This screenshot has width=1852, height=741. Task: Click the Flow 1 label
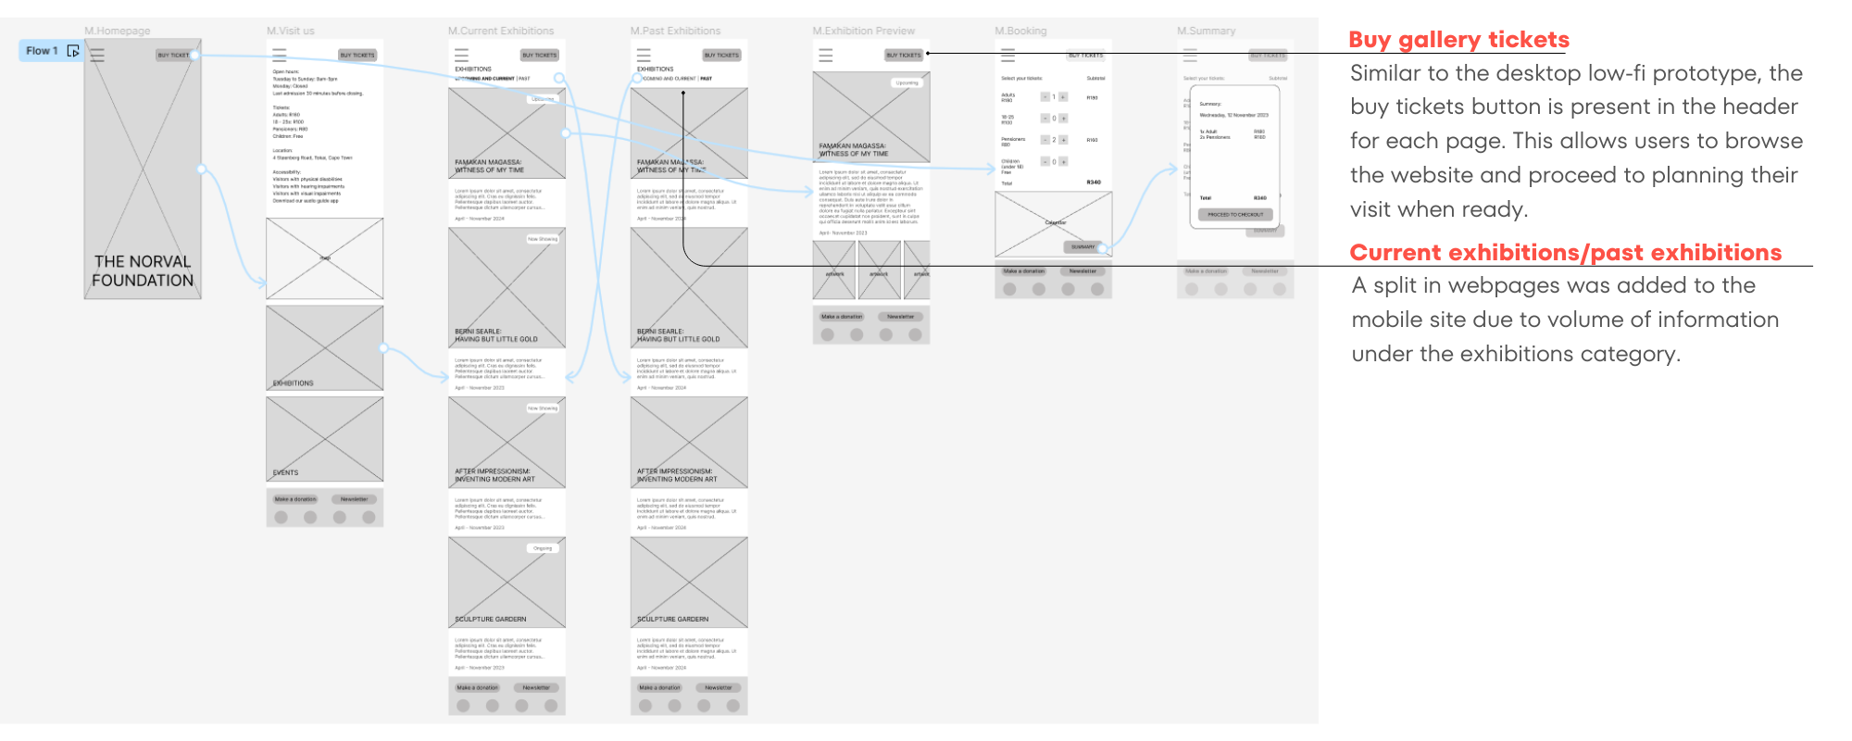pyautogui.click(x=42, y=51)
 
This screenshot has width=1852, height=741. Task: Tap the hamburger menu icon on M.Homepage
pyautogui.click(x=97, y=56)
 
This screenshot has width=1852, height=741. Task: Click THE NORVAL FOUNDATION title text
pyautogui.click(x=143, y=270)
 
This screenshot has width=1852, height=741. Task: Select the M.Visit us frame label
pyautogui.click(x=291, y=31)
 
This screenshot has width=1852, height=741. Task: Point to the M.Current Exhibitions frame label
pyautogui.click(x=501, y=31)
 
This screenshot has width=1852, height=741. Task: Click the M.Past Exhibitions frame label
pyautogui.click(x=675, y=31)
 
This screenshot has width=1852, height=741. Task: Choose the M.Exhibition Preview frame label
pyautogui.click(x=863, y=31)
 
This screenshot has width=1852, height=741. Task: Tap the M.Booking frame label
pyautogui.click(x=1020, y=31)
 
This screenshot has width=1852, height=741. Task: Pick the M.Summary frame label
pyautogui.click(x=1206, y=31)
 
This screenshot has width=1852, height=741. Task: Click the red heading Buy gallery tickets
pyautogui.click(x=1458, y=40)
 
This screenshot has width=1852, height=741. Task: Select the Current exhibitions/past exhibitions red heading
pyautogui.click(x=1565, y=253)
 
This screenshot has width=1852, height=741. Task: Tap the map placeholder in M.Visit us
pyautogui.click(x=325, y=258)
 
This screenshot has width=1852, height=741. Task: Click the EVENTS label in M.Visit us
pyautogui.click(x=285, y=472)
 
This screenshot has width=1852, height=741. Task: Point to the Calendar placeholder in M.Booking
pyautogui.click(x=1054, y=223)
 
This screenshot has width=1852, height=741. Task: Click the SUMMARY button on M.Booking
pyautogui.click(x=1082, y=247)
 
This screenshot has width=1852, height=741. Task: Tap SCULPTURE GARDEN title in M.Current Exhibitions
pyautogui.click(x=491, y=619)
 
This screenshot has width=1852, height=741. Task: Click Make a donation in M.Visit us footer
pyautogui.click(x=295, y=499)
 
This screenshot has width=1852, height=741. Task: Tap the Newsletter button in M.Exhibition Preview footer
pyautogui.click(x=900, y=317)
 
